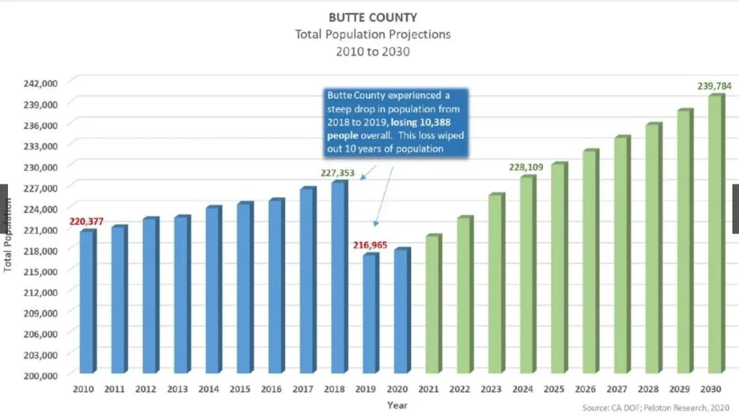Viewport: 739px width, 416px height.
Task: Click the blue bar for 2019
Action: pyautogui.click(x=370, y=313)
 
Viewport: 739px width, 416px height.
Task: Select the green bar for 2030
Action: pyautogui.click(x=714, y=234)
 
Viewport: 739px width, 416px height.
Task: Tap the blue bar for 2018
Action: pyautogui.click(x=338, y=277)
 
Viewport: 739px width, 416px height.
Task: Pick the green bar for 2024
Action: pyautogui.click(x=527, y=274)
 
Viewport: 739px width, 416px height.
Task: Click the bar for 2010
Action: pyautogui.click(x=86, y=301)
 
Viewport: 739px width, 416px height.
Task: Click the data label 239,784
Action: pyautogui.click(x=714, y=86)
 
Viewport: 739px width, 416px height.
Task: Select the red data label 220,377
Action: pyautogui.click(x=86, y=222)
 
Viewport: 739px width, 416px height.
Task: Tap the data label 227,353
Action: pyautogui.click(x=337, y=174)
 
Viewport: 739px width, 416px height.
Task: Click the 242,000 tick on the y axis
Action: pyautogui.click(x=42, y=83)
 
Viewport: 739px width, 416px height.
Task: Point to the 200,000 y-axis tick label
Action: pyautogui.click(x=42, y=375)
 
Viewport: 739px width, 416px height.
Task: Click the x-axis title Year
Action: pyautogui.click(x=398, y=405)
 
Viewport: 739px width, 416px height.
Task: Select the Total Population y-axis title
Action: pyautogui.click(x=8, y=236)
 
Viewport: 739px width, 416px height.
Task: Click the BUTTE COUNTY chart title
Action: pyautogui.click(x=372, y=17)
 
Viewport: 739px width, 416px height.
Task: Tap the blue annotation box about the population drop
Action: pyautogui.click(x=396, y=122)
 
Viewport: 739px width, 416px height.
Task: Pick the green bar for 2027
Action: pyautogui.click(x=621, y=255)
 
